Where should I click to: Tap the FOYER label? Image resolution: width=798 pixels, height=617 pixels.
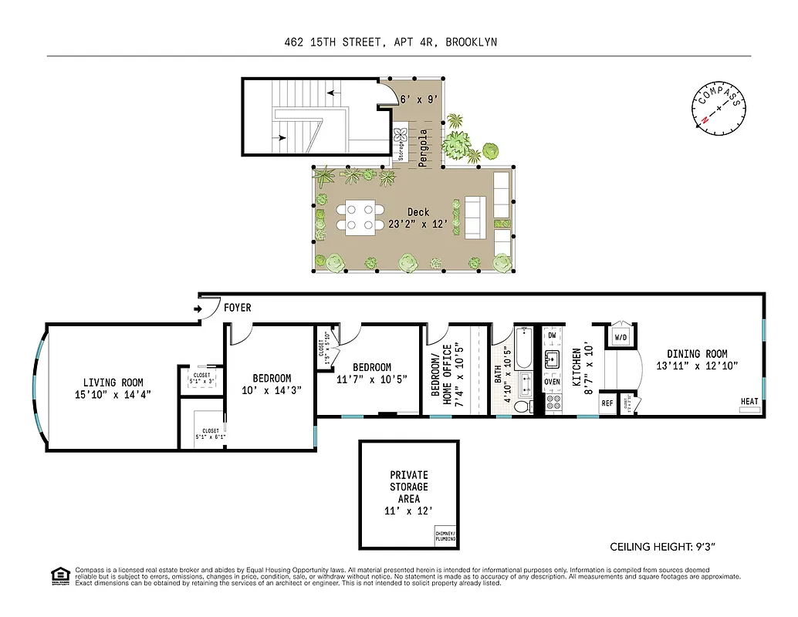[237, 308]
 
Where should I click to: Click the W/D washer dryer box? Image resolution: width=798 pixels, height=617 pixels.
[620, 337]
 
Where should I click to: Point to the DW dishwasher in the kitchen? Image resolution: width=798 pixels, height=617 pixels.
[551, 335]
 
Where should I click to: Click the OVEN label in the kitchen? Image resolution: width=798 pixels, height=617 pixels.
[552, 382]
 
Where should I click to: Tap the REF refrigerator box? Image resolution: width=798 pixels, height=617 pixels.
[607, 403]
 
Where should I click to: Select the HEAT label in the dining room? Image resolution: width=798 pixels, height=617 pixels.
[749, 401]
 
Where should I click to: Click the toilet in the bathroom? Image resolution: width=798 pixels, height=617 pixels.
[522, 406]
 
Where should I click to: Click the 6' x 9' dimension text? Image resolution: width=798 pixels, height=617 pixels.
[419, 99]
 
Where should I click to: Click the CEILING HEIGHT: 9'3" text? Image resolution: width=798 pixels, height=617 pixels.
[664, 547]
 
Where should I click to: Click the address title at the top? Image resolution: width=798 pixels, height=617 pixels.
[391, 42]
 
